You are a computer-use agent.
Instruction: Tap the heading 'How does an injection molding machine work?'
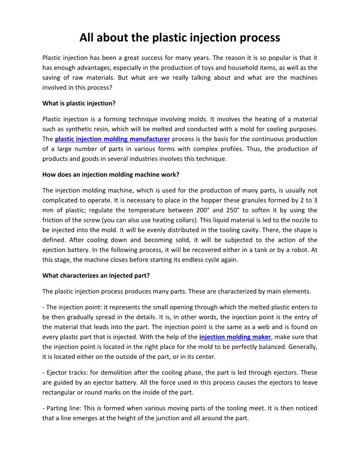point(111,174)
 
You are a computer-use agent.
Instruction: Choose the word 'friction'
point(54,220)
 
